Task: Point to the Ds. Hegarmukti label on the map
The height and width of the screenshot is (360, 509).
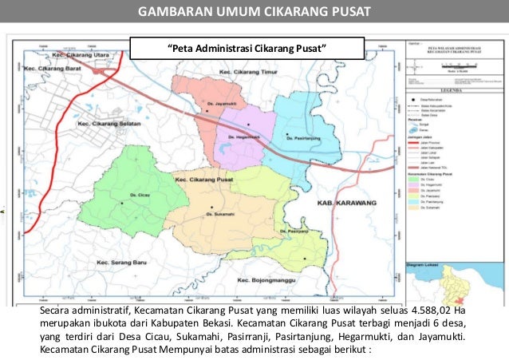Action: coord(245,136)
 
